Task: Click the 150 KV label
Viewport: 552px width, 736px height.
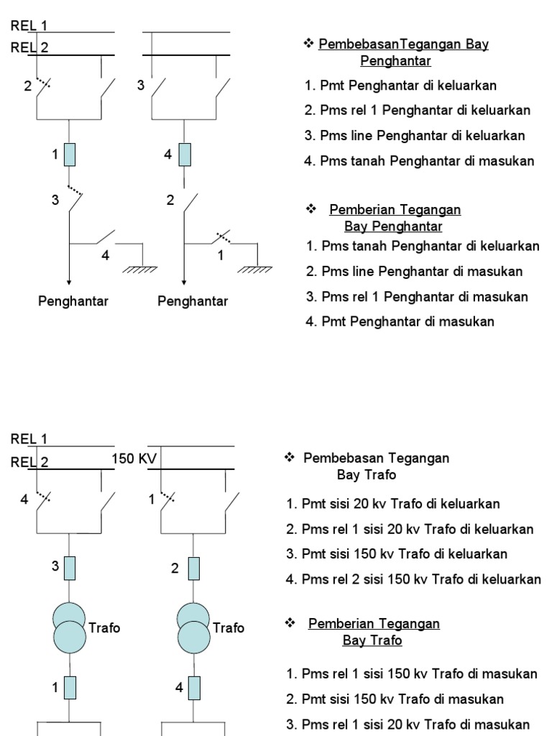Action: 134,459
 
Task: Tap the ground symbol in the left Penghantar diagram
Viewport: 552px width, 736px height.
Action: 141,268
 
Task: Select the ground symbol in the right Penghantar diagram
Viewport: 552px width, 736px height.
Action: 255,268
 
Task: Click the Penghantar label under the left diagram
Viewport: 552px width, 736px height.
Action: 73,301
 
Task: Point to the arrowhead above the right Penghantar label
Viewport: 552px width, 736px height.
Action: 184,282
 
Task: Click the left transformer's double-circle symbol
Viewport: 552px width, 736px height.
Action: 69,627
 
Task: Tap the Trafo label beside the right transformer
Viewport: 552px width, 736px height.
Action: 229,628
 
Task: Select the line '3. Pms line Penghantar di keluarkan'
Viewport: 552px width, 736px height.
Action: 415,136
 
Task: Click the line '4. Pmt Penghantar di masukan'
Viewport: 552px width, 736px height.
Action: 400,322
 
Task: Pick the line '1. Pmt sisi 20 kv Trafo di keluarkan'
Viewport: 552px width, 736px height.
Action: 393,505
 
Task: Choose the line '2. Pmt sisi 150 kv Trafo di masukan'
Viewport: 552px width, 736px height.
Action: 395,699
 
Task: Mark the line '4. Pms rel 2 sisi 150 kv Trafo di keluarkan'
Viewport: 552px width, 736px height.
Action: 413,579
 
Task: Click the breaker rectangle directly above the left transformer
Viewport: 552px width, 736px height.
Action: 69,568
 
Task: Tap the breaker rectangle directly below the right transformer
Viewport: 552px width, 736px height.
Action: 192,689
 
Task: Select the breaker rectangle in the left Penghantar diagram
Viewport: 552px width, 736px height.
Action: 69,154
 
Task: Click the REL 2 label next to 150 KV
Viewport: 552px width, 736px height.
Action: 29,463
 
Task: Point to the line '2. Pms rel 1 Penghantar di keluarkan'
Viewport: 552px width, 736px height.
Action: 418,111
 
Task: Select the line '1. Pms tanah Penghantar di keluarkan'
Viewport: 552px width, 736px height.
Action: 422,247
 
